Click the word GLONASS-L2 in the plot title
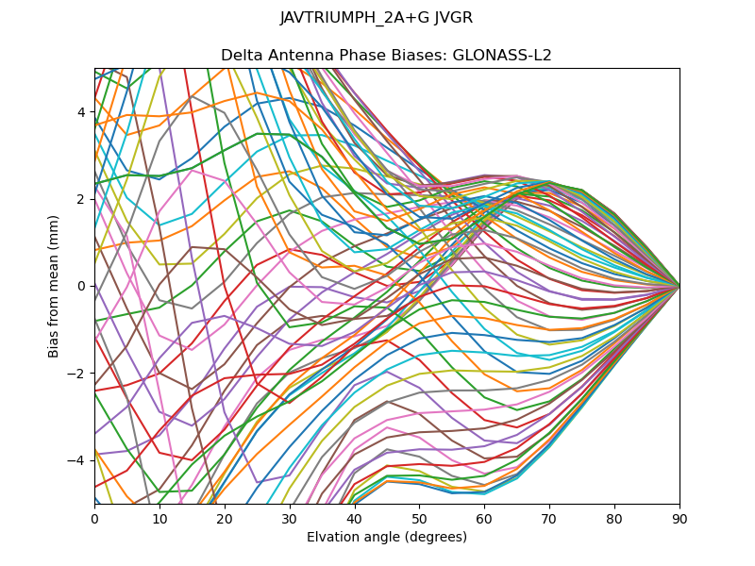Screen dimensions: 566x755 [502, 56]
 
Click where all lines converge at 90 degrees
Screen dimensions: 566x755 [679, 286]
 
